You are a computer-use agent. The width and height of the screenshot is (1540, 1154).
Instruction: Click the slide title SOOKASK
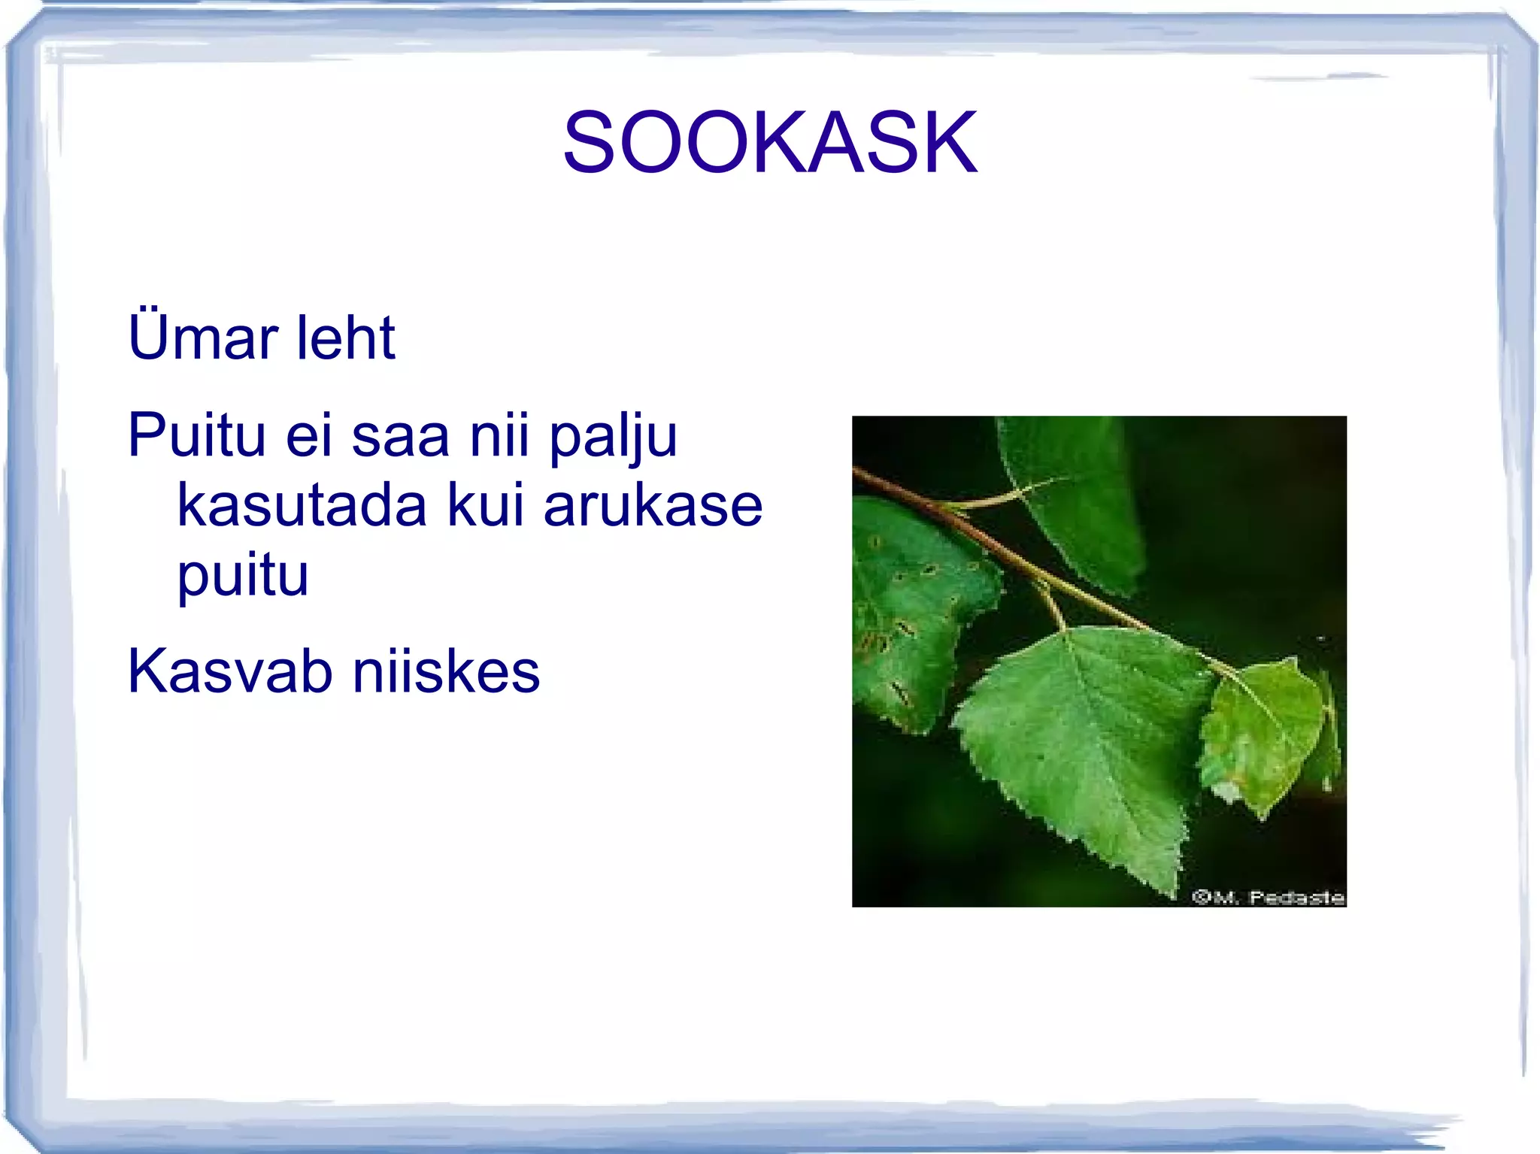click(x=770, y=142)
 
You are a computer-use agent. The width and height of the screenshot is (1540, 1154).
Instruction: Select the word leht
click(x=345, y=338)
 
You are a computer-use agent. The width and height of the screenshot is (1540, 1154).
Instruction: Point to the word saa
click(x=400, y=436)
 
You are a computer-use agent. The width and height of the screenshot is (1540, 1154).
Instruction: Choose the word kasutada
click(x=302, y=505)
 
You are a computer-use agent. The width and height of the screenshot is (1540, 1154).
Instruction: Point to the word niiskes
click(x=446, y=671)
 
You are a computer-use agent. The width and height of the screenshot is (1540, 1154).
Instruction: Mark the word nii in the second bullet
click(x=499, y=435)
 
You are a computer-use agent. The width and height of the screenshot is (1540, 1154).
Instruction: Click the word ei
click(x=308, y=436)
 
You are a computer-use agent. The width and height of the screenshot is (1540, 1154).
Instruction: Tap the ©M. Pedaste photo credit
click(x=1268, y=897)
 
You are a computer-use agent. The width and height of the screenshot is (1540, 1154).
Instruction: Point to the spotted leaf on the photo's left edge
click(x=910, y=609)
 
